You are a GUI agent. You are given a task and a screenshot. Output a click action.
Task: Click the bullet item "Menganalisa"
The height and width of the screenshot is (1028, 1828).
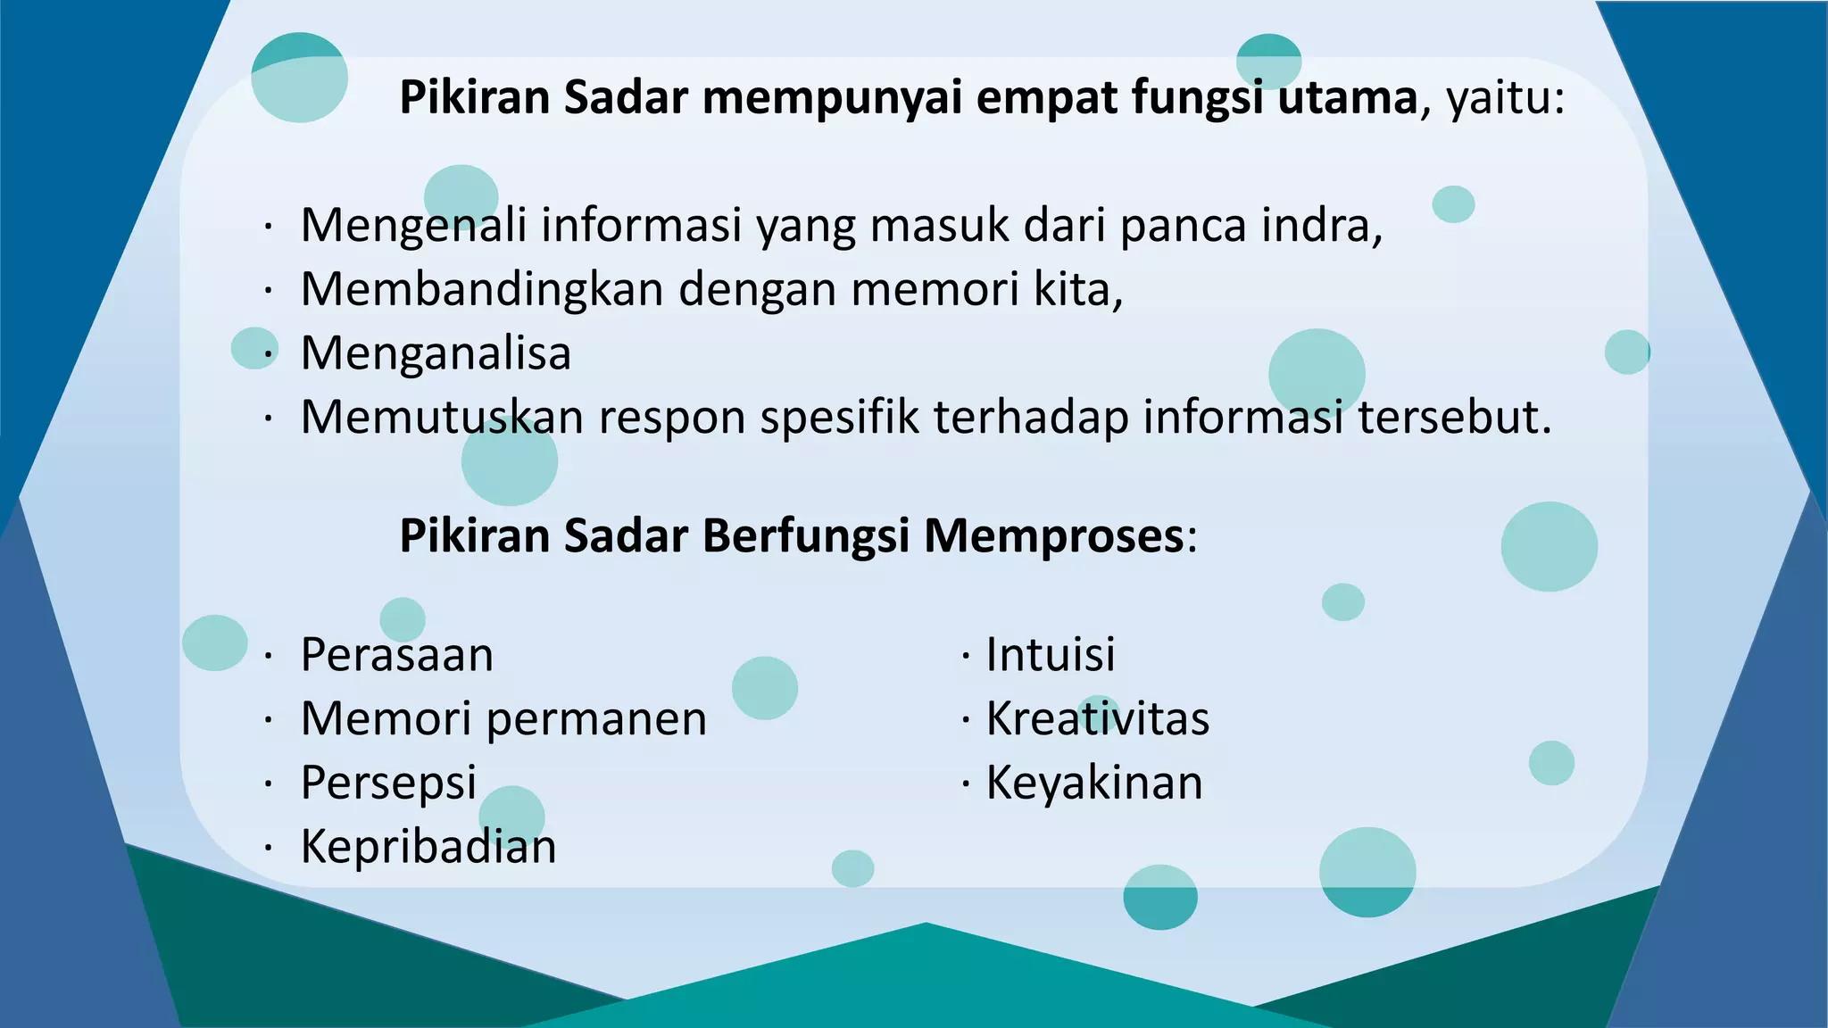click(436, 353)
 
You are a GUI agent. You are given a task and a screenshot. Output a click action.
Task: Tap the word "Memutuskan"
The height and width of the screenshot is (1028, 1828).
click(442, 417)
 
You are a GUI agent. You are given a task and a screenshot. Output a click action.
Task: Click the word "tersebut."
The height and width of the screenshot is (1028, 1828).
click(1455, 417)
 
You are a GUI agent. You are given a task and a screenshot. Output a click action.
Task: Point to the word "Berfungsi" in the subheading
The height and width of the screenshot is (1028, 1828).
click(806, 536)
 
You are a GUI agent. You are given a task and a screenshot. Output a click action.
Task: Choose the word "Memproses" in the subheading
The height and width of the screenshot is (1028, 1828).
click(1053, 536)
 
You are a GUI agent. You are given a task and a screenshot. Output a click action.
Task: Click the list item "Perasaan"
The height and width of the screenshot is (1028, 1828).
click(397, 655)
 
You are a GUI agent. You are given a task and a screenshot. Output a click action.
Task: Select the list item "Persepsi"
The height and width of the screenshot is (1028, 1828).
click(389, 783)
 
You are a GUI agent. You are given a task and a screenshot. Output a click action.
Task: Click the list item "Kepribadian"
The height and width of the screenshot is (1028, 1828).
click(428, 847)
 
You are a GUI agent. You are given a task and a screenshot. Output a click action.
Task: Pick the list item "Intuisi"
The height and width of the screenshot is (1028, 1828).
click(1051, 655)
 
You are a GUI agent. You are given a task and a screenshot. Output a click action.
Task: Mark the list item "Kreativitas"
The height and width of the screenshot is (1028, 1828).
click(1097, 719)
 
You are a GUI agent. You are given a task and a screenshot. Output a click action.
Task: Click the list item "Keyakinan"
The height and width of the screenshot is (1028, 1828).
click(1094, 783)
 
